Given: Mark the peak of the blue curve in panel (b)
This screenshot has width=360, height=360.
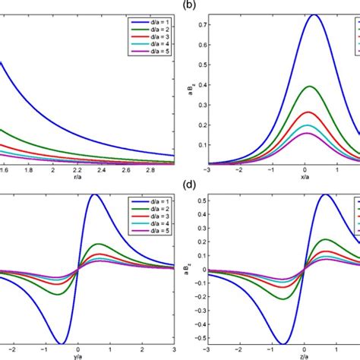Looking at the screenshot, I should pyautogui.click(x=292, y=14).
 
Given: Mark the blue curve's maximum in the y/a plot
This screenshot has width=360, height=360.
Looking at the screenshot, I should pyautogui.click(x=94, y=194).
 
